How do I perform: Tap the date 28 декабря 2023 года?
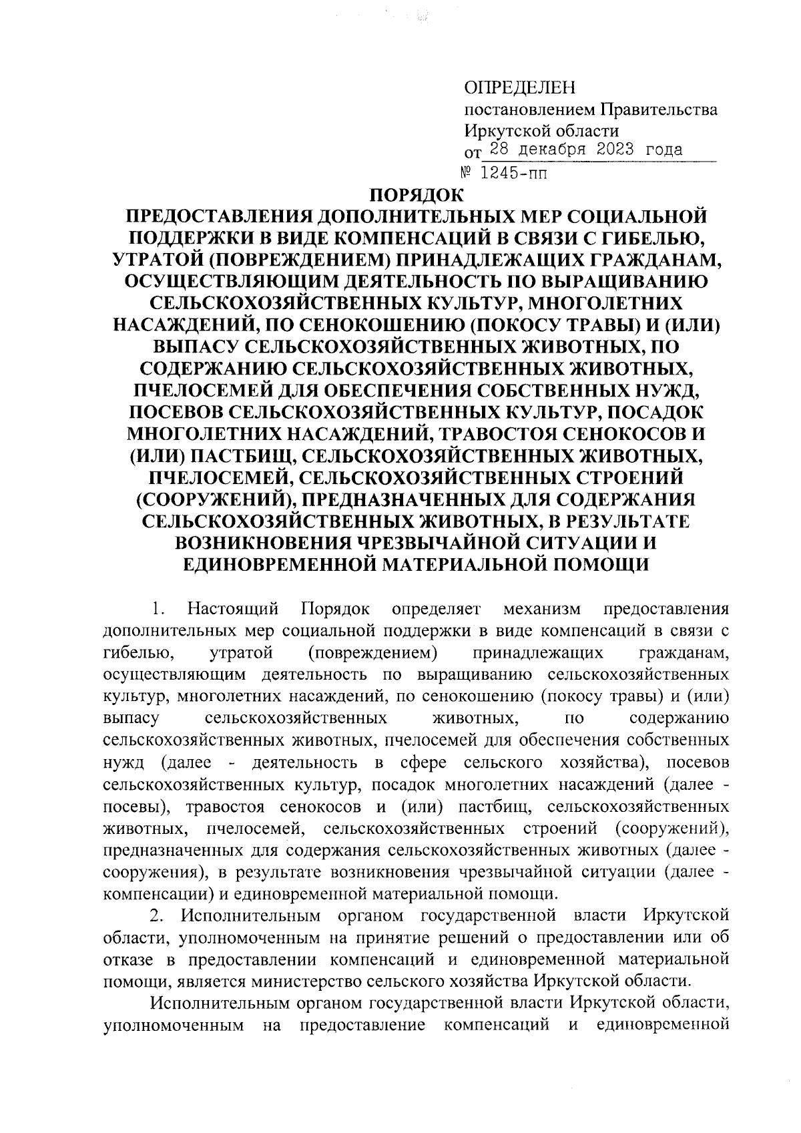(586, 150)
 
